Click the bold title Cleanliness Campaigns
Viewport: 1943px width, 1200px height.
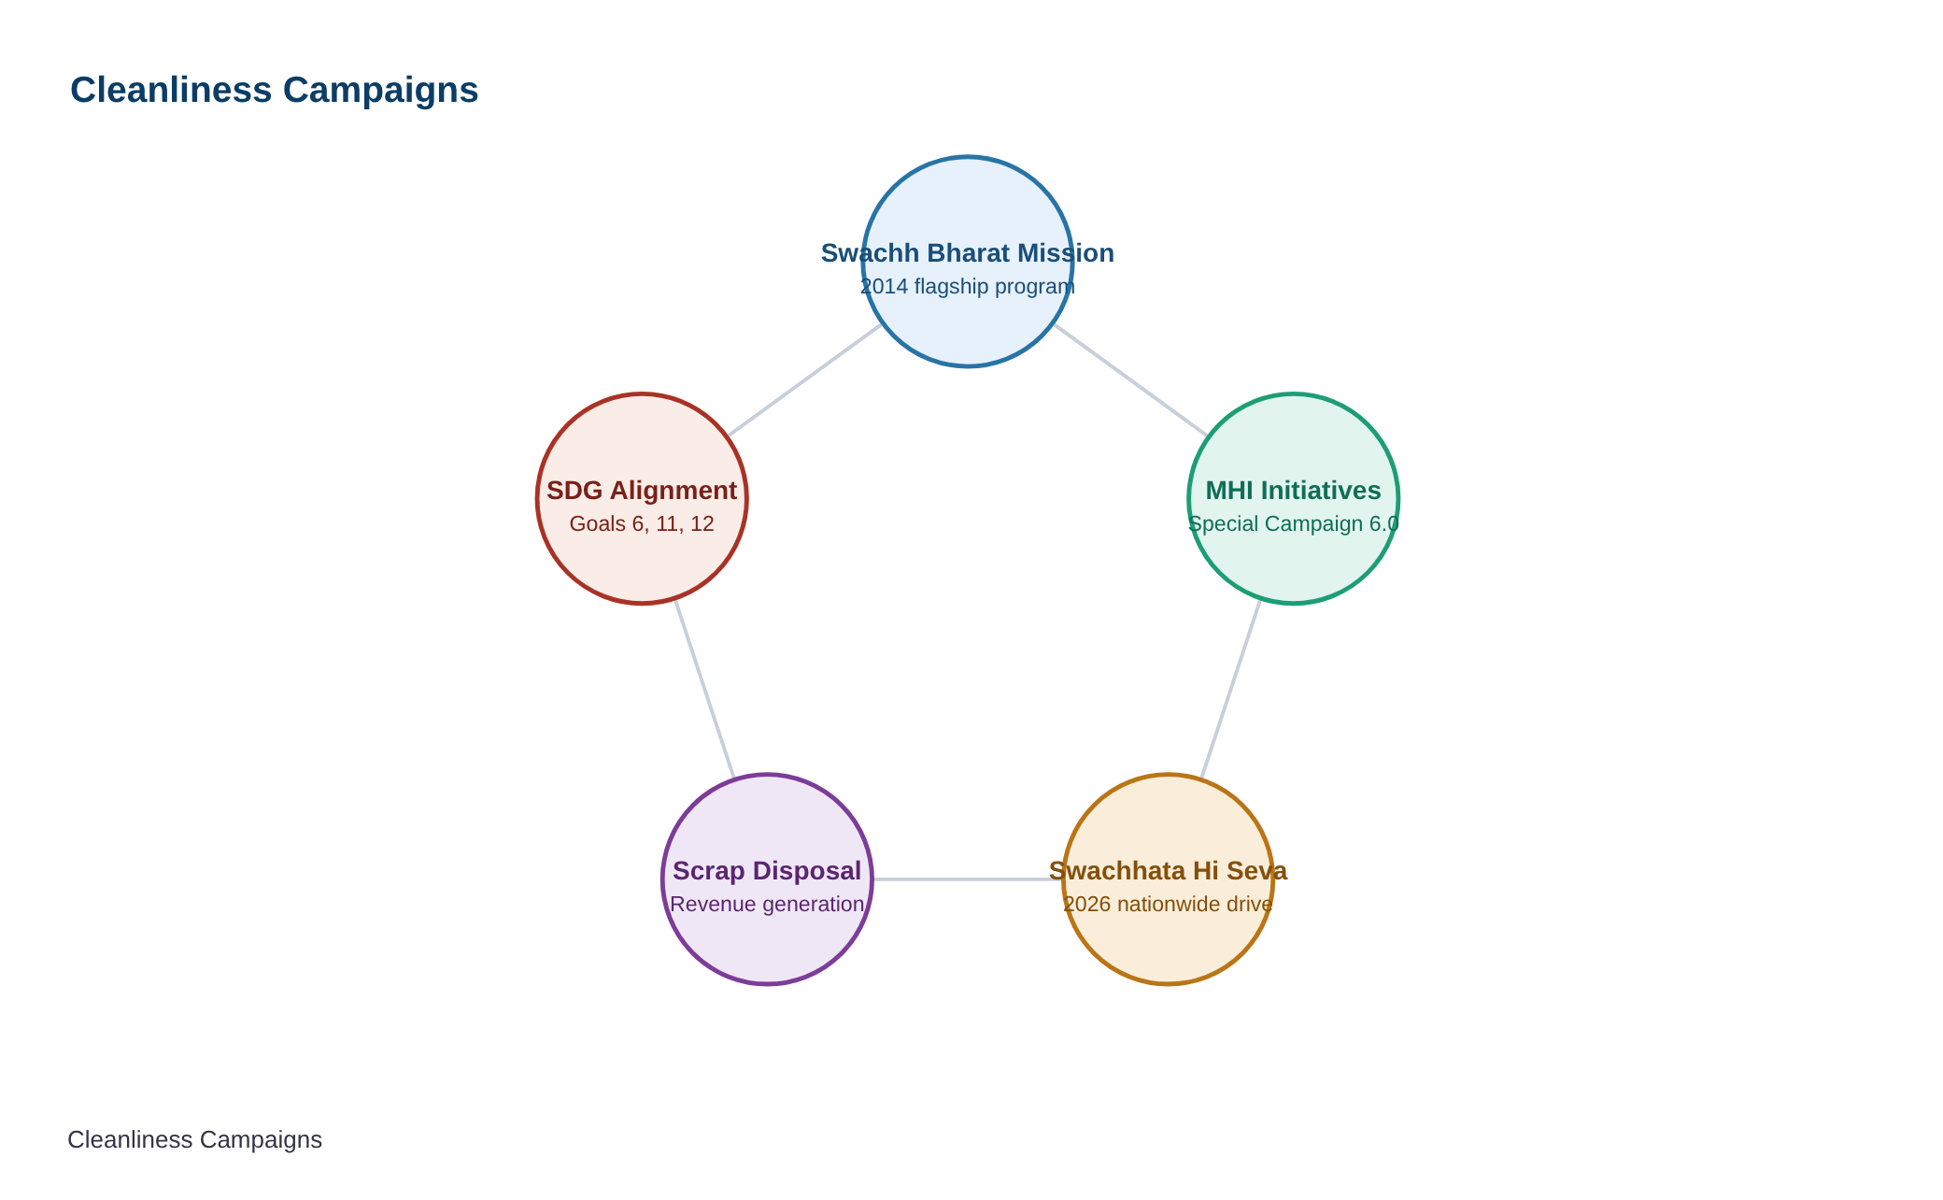coord(274,91)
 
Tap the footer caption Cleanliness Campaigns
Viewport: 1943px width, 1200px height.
coord(194,1140)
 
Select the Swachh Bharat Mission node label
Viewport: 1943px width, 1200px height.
coord(968,253)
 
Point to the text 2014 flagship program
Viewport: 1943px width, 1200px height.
coord(968,286)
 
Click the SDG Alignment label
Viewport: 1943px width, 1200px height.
coord(642,491)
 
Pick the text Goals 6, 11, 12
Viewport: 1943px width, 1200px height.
coord(642,523)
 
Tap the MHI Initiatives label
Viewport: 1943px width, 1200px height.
coord(1294,491)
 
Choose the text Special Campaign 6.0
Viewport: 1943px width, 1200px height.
coord(1294,523)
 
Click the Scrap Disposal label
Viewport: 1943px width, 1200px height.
coord(767,871)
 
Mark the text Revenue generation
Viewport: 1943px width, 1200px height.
coord(767,904)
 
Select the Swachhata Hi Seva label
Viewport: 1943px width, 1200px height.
coord(1169,871)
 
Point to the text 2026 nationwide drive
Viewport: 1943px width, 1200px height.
coord(1169,904)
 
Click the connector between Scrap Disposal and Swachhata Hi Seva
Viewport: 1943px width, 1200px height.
coord(968,879)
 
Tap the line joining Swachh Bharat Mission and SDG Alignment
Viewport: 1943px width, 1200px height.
coord(804,380)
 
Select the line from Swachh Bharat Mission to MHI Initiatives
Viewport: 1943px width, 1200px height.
coord(1130,380)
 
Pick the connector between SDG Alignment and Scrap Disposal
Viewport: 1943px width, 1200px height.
coord(704,689)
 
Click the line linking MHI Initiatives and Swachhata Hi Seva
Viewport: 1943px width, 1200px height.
coord(1231,689)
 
